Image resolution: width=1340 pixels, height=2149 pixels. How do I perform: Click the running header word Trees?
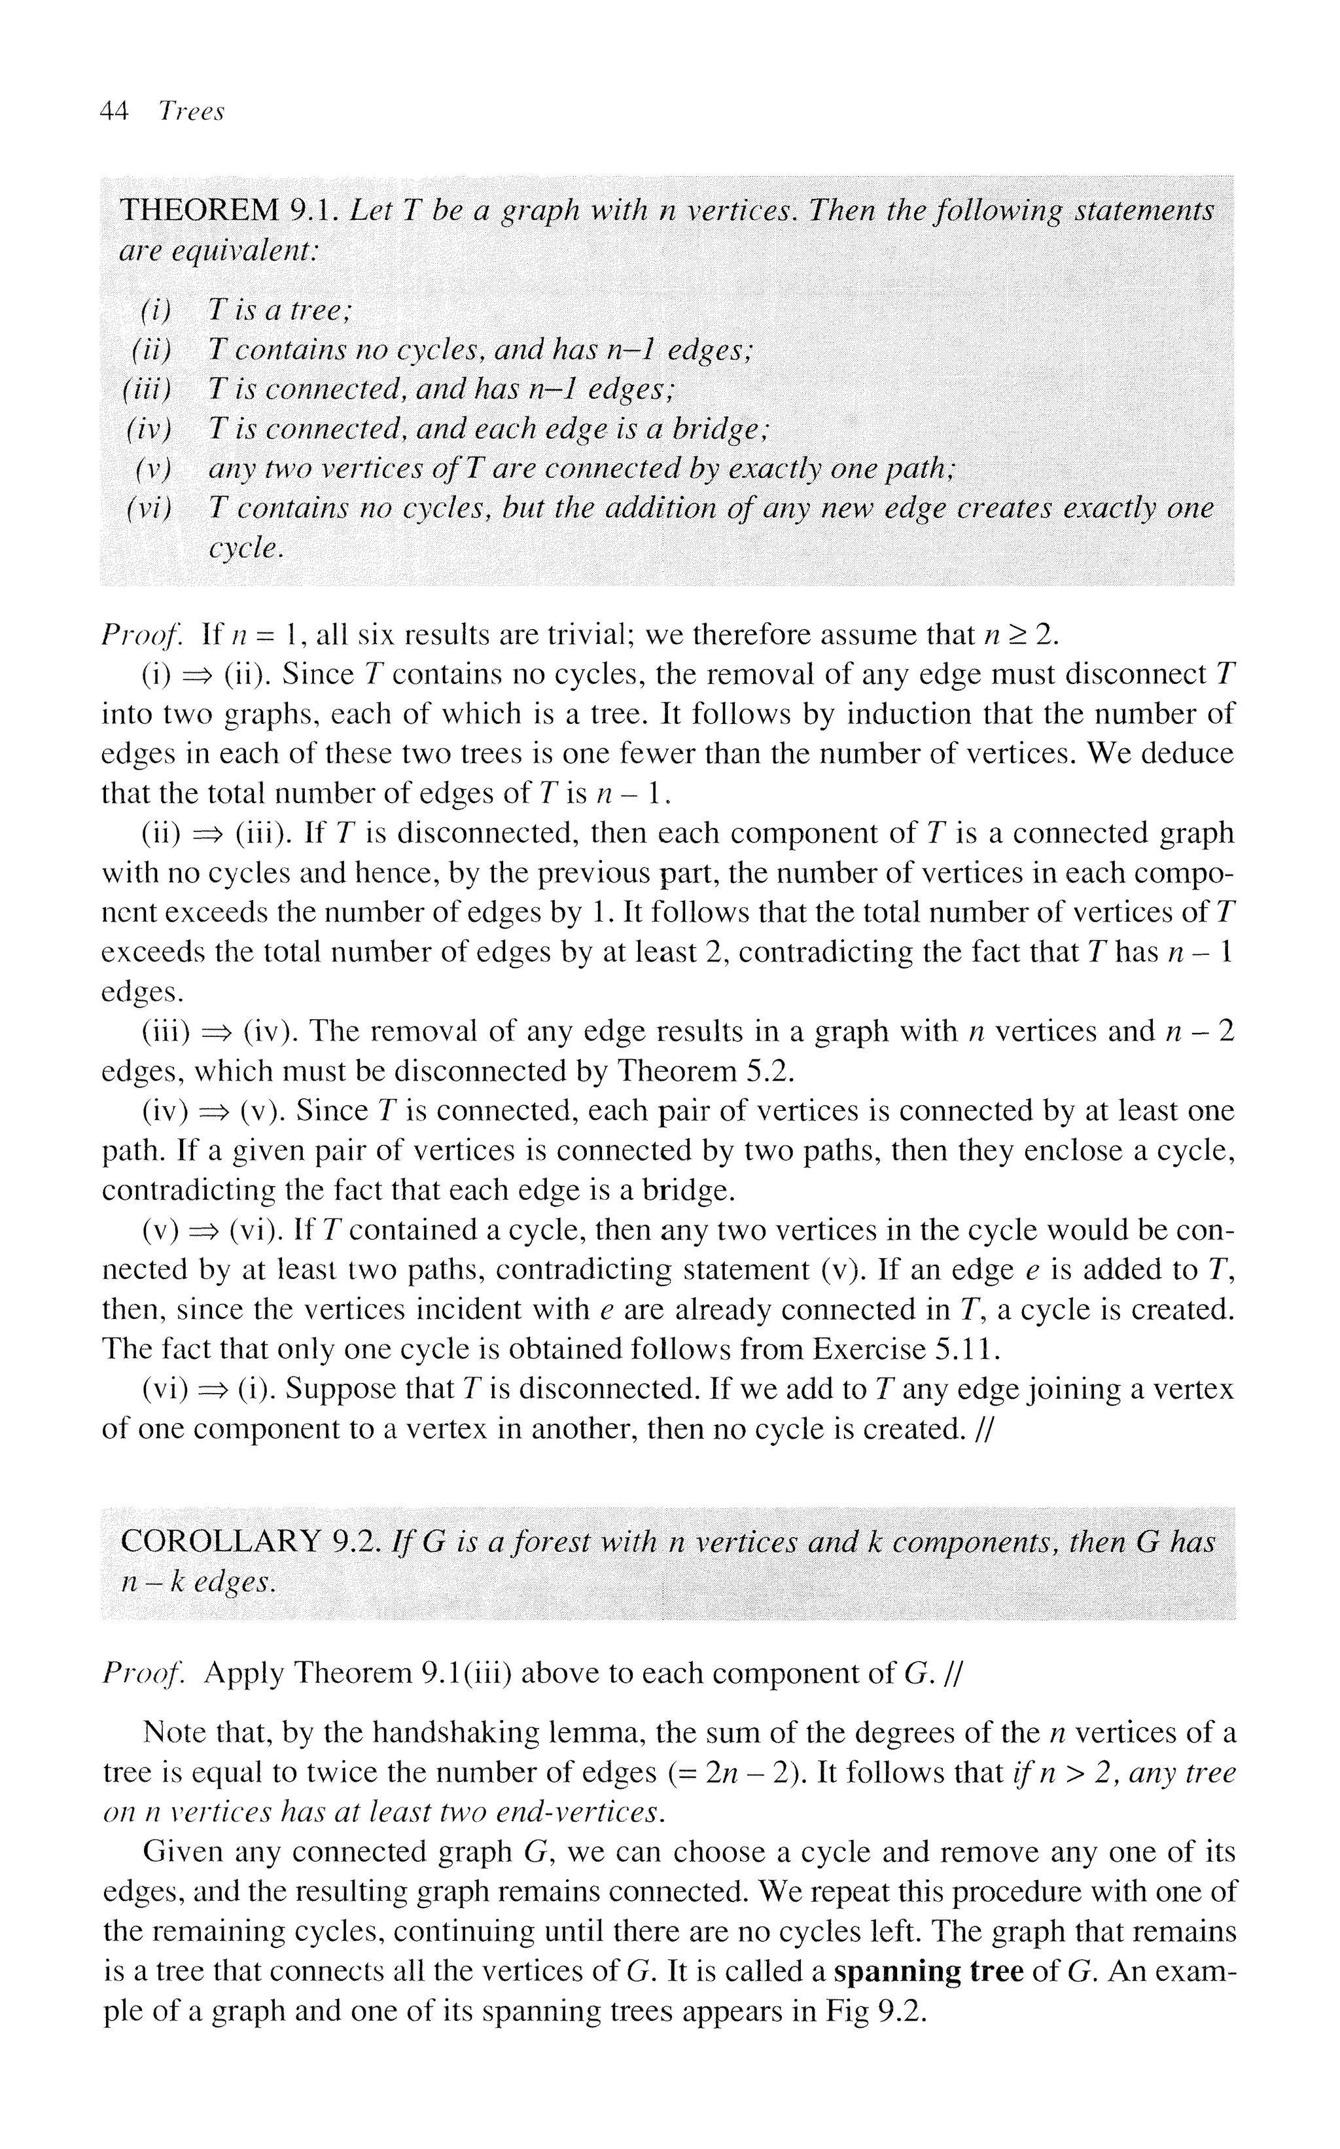click(x=190, y=112)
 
